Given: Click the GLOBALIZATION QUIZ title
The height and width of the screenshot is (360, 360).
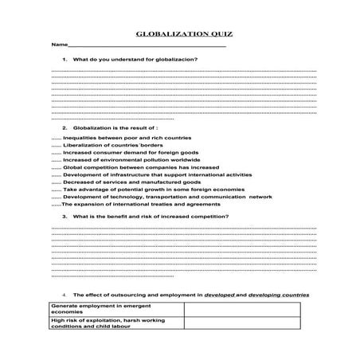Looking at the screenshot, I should pyautogui.click(x=179, y=35).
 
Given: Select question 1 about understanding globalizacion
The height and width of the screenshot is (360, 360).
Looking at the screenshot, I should pyautogui.click(x=135, y=61).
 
